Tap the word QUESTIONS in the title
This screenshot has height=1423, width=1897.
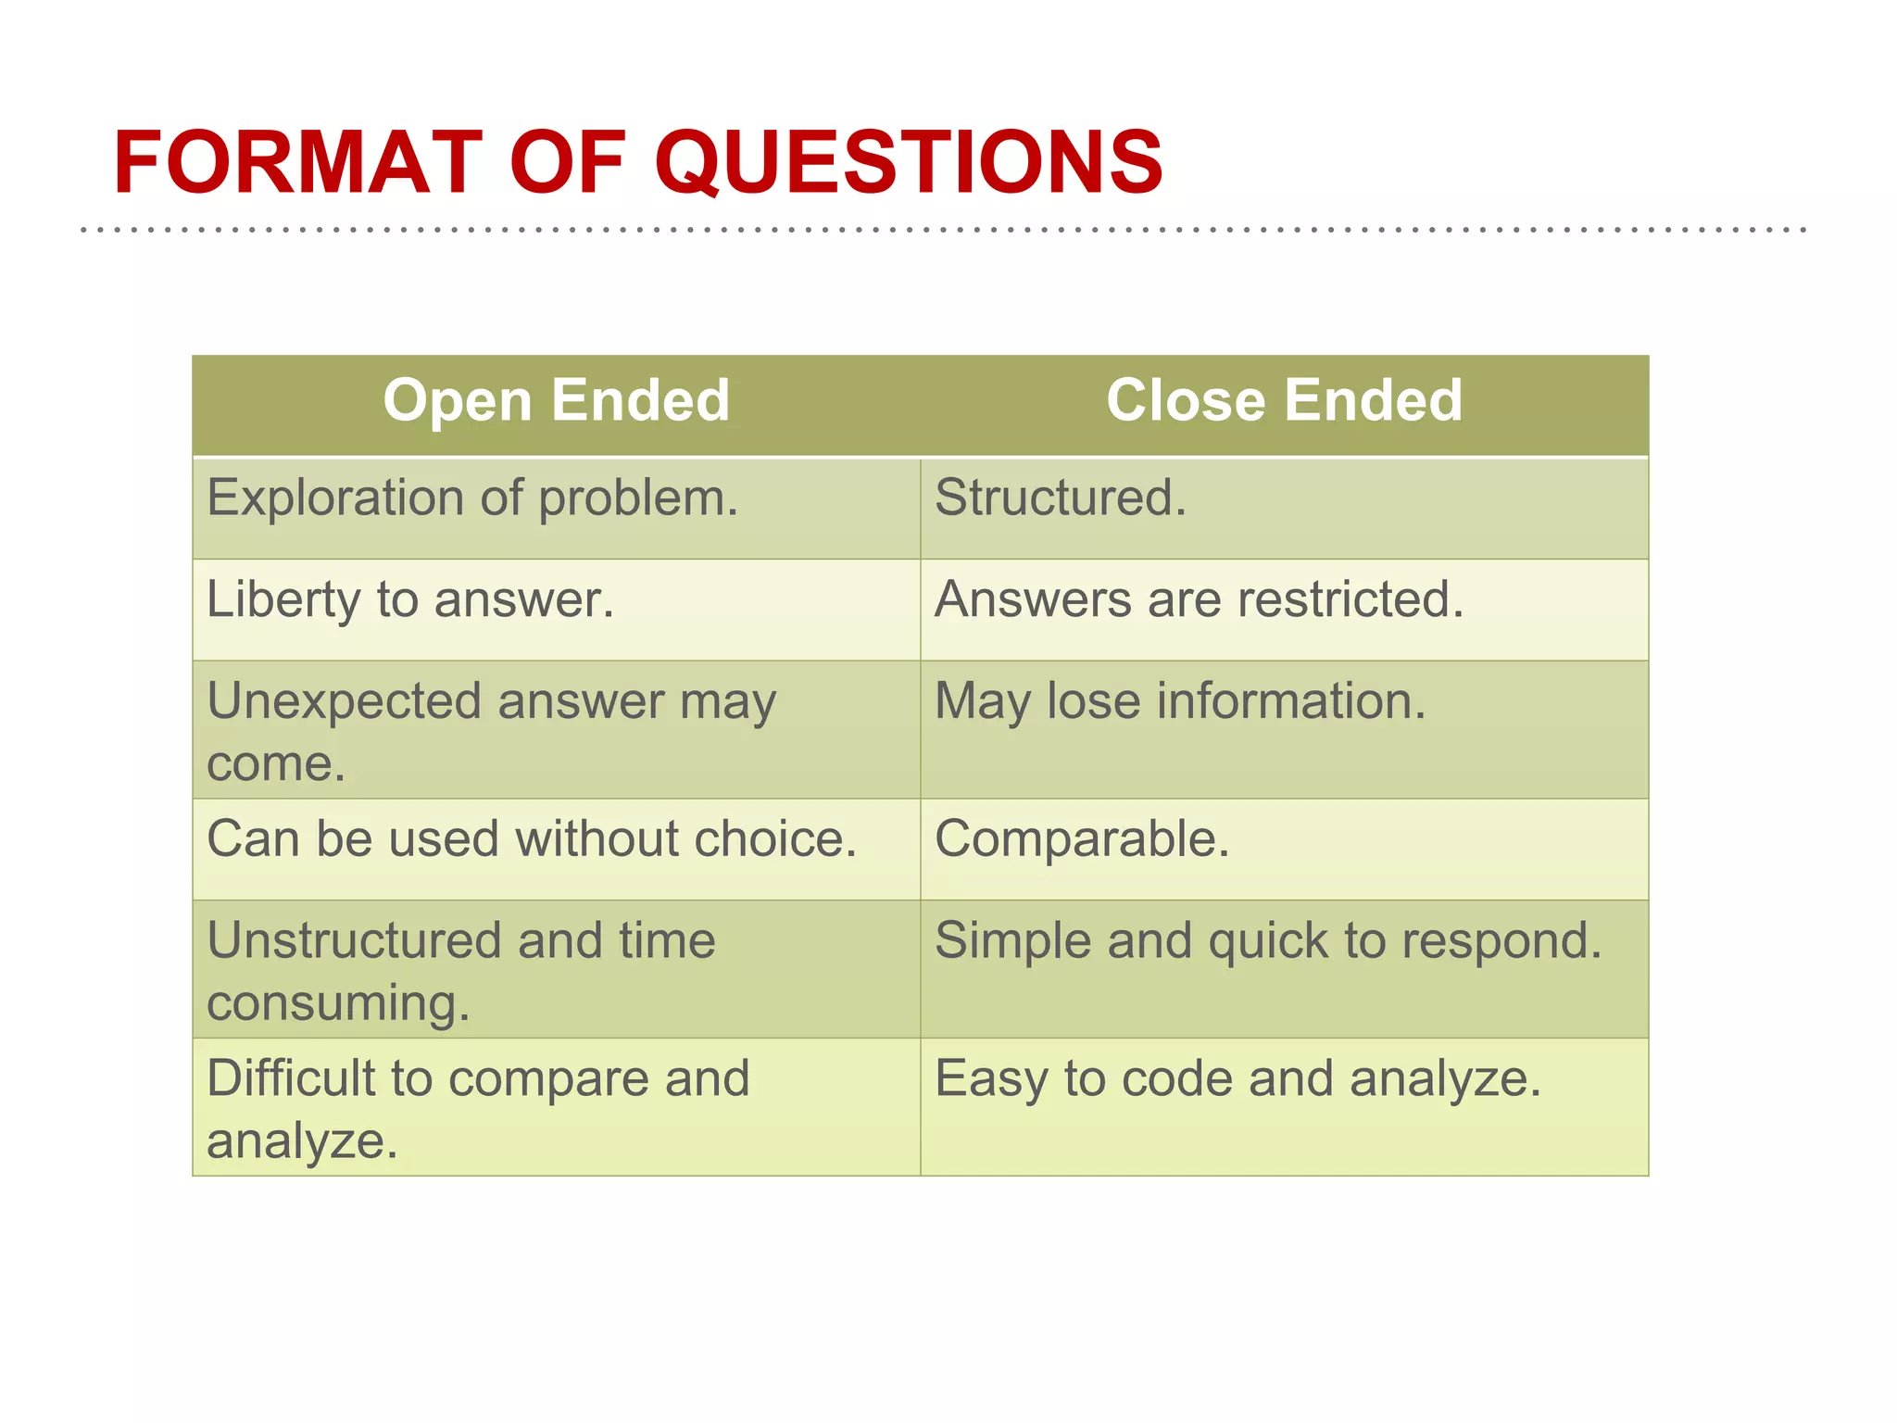click(909, 164)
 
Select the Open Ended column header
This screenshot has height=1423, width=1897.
click(557, 400)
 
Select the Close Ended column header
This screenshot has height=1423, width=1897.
click(1284, 400)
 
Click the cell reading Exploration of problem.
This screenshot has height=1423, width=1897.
click(472, 498)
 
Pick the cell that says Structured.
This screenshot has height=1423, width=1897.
click(1060, 498)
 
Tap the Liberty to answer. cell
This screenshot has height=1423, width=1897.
click(410, 599)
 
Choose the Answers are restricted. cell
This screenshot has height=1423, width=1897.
click(1199, 599)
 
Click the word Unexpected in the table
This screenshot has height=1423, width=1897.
click(344, 701)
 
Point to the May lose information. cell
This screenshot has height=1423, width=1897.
click(1180, 701)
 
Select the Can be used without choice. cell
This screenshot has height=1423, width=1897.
click(532, 839)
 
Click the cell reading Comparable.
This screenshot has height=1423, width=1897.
click(1082, 839)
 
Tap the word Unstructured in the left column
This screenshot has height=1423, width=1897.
click(354, 940)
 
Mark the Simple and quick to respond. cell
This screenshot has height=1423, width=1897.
click(1268, 940)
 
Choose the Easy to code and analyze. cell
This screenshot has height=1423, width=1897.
click(1237, 1078)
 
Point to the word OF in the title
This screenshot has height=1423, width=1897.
click(567, 164)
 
